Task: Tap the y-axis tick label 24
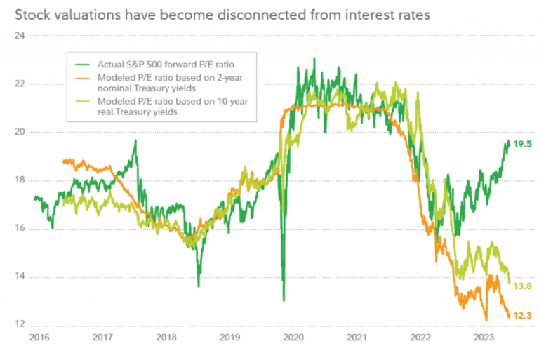[x=19, y=35]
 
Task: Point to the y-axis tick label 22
[x=19, y=84]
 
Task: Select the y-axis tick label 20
[x=19, y=132]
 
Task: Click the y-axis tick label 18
[x=19, y=180]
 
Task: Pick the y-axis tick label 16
[x=19, y=228]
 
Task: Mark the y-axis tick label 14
[x=19, y=276]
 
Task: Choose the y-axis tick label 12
[x=19, y=324]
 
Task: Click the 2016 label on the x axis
[x=39, y=338]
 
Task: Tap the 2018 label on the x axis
[x=166, y=338]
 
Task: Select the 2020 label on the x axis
[x=293, y=338]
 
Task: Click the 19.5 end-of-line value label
[x=523, y=144]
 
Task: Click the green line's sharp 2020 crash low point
[x=284, y=300]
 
